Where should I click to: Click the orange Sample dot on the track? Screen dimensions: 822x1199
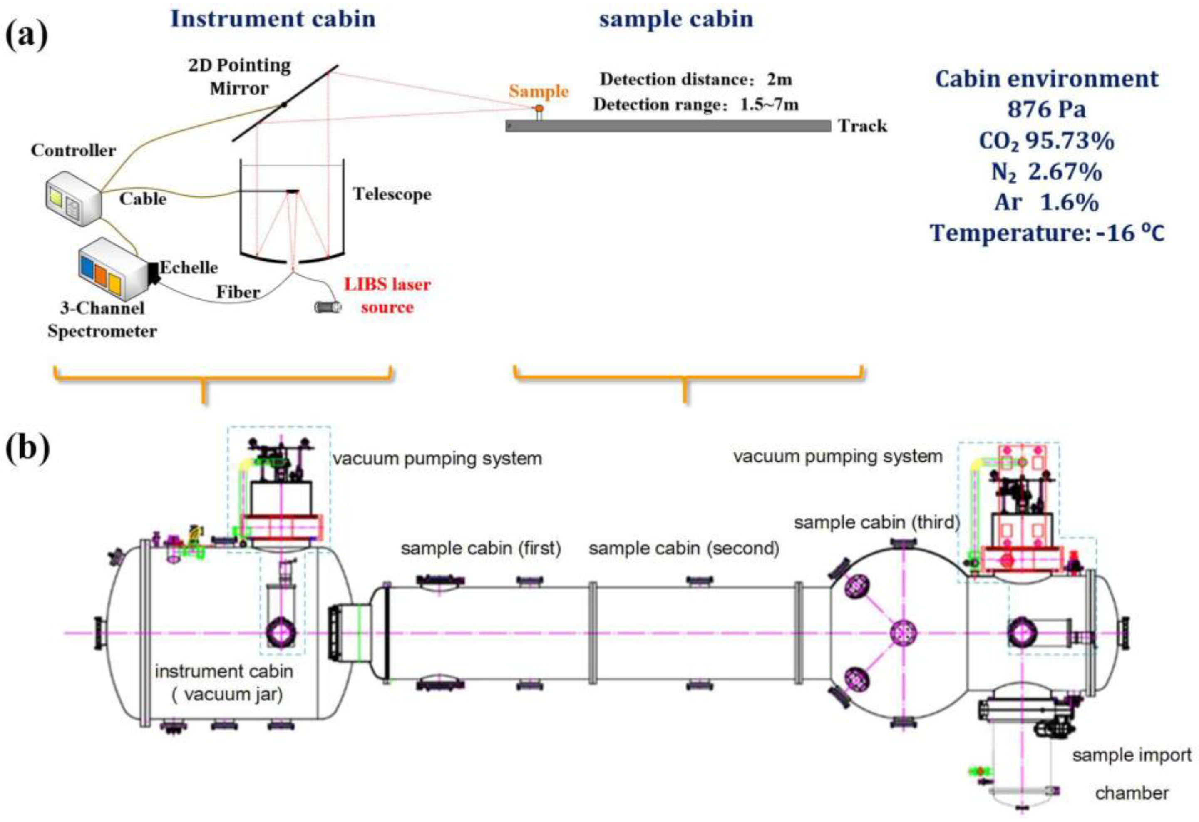[539, 109]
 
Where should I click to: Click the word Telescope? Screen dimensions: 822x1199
[392, 194]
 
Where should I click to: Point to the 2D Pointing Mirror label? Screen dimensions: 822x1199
[239, 77]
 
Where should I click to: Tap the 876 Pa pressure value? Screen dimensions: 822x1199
[1047, 109]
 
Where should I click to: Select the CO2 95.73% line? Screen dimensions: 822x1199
[1047, 140]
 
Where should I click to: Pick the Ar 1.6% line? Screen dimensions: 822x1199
[1047, 202]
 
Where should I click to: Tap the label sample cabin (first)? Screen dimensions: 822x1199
[481, 548]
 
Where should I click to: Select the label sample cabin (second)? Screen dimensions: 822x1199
[684, 548]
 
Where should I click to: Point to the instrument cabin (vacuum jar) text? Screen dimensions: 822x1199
[224, 683]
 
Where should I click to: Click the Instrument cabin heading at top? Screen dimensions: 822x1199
[273, 19]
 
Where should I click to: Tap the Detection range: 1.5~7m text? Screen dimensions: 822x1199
[696, 105]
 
